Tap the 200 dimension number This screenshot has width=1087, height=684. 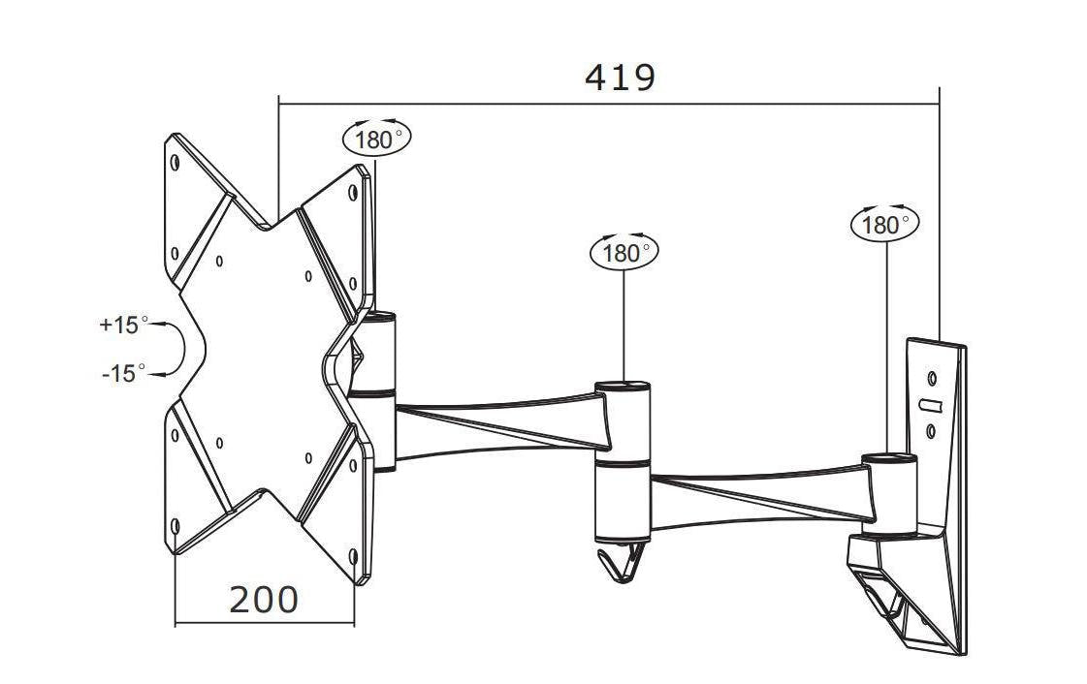pyautogui.click(x=264, y=600)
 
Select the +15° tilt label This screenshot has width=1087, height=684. pyautogui.click(x=123, y=324)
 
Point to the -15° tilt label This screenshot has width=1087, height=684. pyautogui.click(x=123, y=373)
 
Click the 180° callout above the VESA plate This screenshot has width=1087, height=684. pyautogui.click(x=376, y=138)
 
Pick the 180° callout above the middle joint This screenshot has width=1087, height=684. pyautogui.click(x=623, y=252)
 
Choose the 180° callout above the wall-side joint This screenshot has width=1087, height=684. pyautogui.click(x=884, y=224)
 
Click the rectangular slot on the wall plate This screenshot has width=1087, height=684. pyautogui.click(x=930, y=405)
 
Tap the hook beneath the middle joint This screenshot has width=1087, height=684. pyautogui.click(x=622, y=562)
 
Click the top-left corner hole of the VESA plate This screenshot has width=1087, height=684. pyautogui.click(x=175, y=163)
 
